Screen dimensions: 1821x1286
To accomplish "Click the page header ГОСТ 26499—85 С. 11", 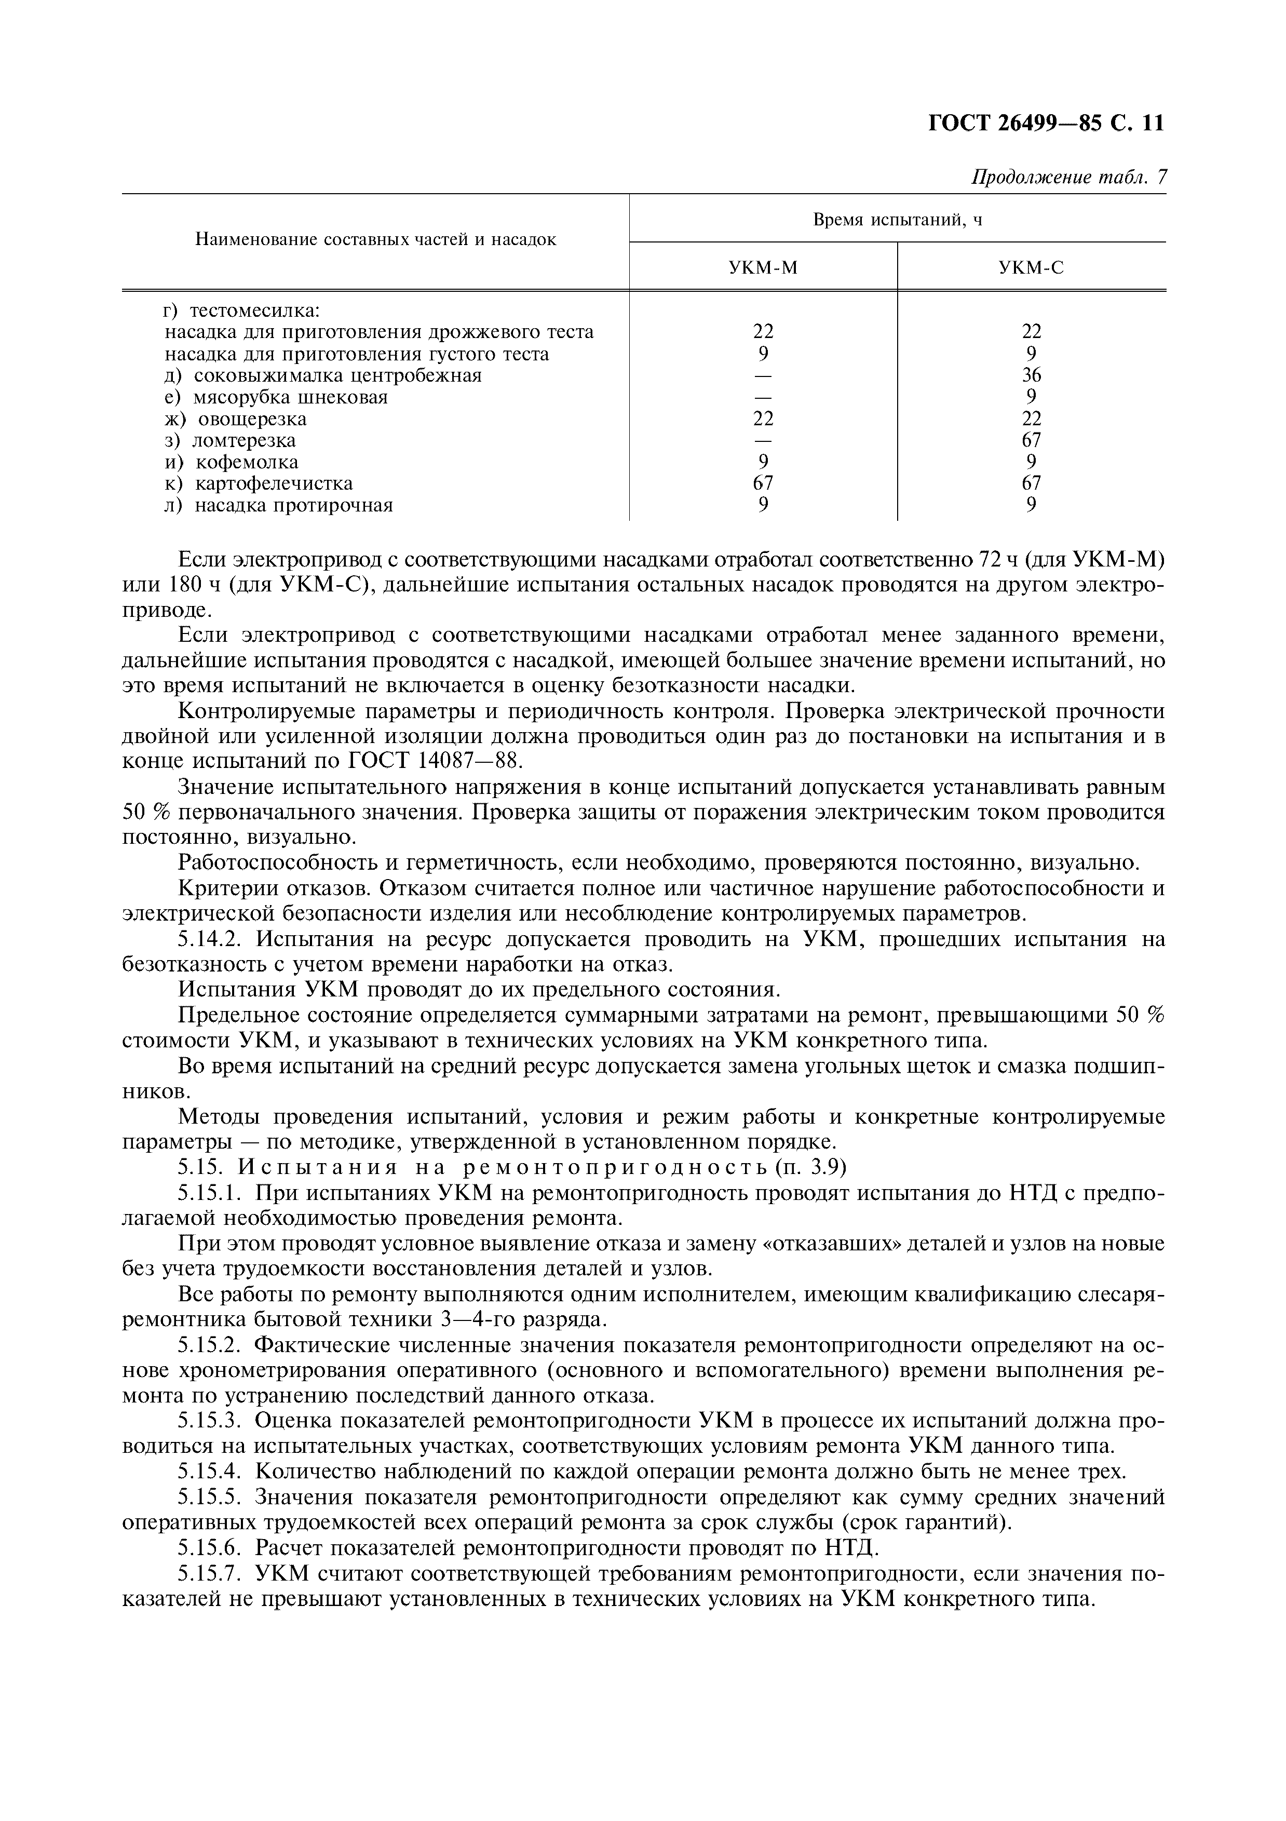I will point(1046,125).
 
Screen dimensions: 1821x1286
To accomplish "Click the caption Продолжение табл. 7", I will point(1069,178).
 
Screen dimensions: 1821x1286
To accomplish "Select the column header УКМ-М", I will point(763,268).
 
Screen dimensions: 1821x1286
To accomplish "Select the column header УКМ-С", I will point(1031,268).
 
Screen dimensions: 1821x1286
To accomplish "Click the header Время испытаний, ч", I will point(898,220).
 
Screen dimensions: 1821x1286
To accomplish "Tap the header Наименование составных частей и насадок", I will point(376,239).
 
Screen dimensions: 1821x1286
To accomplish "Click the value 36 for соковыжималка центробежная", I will point(1031,375).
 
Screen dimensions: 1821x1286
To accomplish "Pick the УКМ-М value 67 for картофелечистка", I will point(763,483).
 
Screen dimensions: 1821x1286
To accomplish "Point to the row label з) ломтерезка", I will point(230,440).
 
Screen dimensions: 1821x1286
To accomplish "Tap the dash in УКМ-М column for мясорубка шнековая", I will point(763,397).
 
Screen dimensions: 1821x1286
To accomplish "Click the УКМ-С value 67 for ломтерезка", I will point(1031,440).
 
